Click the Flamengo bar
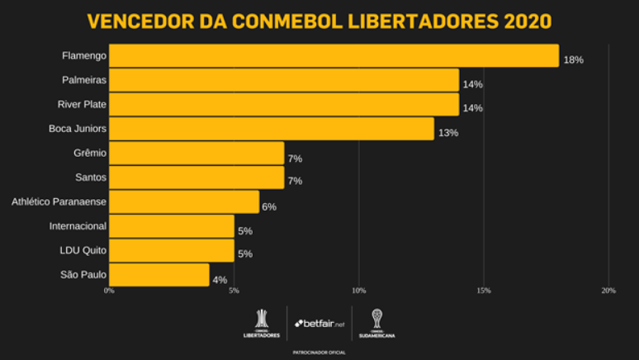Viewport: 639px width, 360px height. pyautogui.click(x=334, y=56)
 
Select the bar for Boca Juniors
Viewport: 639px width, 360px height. pyautogui.click(x=271, y=129)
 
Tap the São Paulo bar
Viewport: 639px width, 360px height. pyautogui.click(x=159, y=275)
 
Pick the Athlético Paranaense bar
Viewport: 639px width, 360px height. pyautogui.click(x=183, y=202)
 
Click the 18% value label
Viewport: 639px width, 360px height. pyautogui.click(x=573, y=60)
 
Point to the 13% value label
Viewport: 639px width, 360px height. pyautogui.click(x=447, y=133)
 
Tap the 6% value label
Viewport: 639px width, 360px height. pyautogui.click(x=268, y=206)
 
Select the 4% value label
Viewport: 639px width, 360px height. pyautogui.click(x=219, y=280)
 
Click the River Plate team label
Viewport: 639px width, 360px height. pyautogui.click(x=81, y=104)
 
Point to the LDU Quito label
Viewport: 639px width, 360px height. pyautogui.click(x=83, y=250)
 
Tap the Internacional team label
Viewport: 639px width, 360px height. pyautogui.click(x=78, y=225)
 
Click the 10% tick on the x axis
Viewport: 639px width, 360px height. pyautogui.click(x=358, y=291)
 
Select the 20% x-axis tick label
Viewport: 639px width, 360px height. pyautogui.click(x=608, y=291)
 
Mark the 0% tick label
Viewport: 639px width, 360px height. pyautogui.click(x=109, y=291)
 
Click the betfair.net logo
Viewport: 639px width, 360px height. pyautogui.click(x=319, y=323)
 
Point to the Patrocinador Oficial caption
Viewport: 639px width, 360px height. pyautogui.click(x=319, y=352)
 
